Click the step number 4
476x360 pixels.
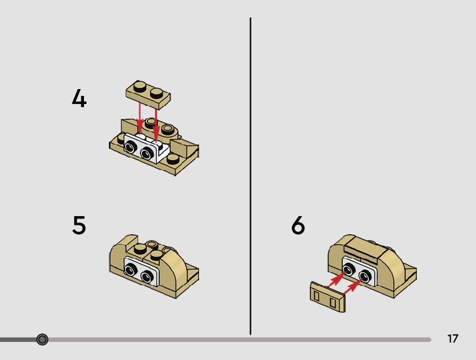pos(79,98)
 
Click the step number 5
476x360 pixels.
pos(79,225)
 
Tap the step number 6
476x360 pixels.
pos(298,225)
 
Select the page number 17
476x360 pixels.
pos(452,338)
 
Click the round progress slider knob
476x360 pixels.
pos(42,339)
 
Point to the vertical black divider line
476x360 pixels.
pos(251,176)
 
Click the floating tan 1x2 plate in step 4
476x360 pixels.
pos(148,95)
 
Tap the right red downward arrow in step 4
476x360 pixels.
pos(156,125)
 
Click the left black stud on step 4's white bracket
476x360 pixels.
pos(130,148)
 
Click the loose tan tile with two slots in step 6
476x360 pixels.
pos(328,297)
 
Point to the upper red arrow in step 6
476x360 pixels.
pos(337,279)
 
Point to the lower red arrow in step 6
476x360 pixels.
pos(353,286)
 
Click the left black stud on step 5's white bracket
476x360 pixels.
pos(131,270)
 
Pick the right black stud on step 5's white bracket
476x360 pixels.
pos(147,276)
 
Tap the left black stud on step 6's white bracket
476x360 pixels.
pos(348,270)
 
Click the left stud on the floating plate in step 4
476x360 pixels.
pos(140,87)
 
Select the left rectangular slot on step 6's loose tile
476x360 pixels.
pos(317,296)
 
